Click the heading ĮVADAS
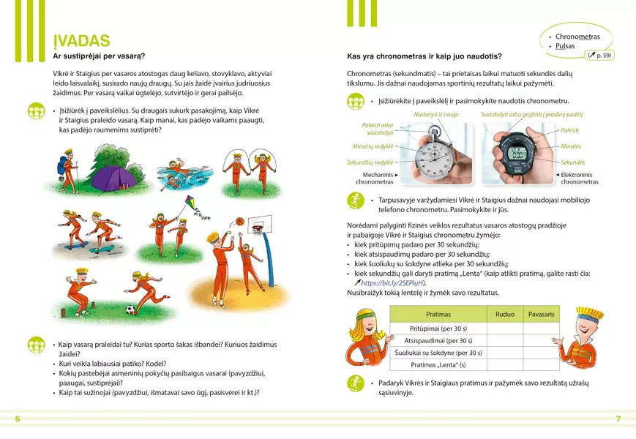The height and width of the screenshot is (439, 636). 81,41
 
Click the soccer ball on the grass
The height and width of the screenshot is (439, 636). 130,309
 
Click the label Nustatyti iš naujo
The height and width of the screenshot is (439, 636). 436,115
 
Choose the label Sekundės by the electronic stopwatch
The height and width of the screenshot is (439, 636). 572,162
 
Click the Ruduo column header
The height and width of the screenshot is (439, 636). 505,314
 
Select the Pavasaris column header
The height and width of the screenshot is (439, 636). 541,314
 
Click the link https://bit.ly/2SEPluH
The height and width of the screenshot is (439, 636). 393,283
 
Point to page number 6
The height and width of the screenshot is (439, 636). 18,419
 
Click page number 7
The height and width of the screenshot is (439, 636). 618,419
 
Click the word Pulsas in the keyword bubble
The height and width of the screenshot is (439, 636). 565,46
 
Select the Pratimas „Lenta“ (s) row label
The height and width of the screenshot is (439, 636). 438,364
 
